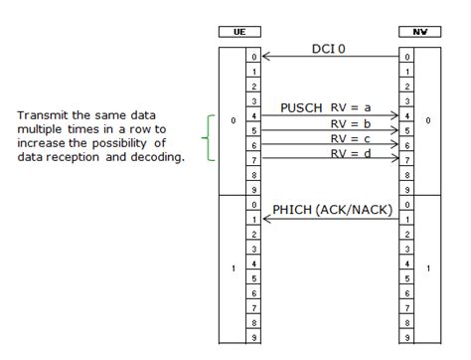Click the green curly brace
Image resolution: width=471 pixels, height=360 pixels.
(207, 137)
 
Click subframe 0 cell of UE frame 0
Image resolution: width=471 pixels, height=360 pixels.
(253, 58)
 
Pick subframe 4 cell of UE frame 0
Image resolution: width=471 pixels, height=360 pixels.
(253, 116)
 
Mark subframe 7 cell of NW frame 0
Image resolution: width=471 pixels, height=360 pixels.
(407, 160)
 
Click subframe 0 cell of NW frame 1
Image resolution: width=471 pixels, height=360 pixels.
(407, 204)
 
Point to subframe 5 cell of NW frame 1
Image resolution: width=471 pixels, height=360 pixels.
(407, 277)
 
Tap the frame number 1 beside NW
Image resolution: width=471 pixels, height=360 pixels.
(427, 269)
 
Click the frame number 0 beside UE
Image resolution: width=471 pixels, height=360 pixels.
(232, 122)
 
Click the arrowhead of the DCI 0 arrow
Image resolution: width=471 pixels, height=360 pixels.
(264, 58)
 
